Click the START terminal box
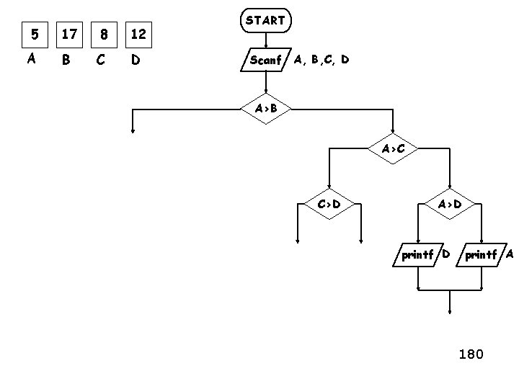(x=265, y=21)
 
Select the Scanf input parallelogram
(x=265, y=60)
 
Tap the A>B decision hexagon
(x=265, y=109)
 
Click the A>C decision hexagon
(x=392, y=149)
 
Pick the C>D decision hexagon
(x=328, y=204)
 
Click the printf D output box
(x=417, y=254)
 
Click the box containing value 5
(x=32, y=34)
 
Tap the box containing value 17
(x=69, y=34)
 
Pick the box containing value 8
(x=104, y=34)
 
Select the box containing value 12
(x=138, y=34)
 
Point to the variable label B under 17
(x=66, y=61)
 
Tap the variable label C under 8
(x=101, y=61)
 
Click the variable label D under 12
(x=135, y=61)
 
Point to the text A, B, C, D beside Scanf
(x=321, y=60)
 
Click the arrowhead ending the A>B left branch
(x=133, y=130)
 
